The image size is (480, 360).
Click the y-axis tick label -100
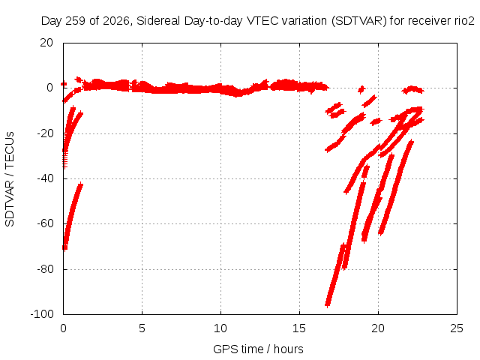42,314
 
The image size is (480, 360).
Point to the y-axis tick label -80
45,269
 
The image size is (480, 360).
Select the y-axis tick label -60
45,223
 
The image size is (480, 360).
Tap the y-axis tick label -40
45,178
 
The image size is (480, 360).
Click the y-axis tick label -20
45,133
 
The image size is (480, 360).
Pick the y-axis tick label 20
46,43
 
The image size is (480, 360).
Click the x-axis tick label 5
142,328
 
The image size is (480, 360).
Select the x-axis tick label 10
220,328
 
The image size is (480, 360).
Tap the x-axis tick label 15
299,328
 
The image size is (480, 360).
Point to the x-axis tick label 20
378,328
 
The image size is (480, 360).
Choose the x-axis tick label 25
457,328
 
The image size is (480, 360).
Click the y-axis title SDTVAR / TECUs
10,179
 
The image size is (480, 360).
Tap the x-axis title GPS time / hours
258,349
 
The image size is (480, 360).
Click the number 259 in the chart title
76,21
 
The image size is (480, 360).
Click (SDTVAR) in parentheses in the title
359,21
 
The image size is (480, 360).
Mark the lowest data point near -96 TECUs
327,304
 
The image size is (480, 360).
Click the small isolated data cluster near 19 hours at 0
361,89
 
